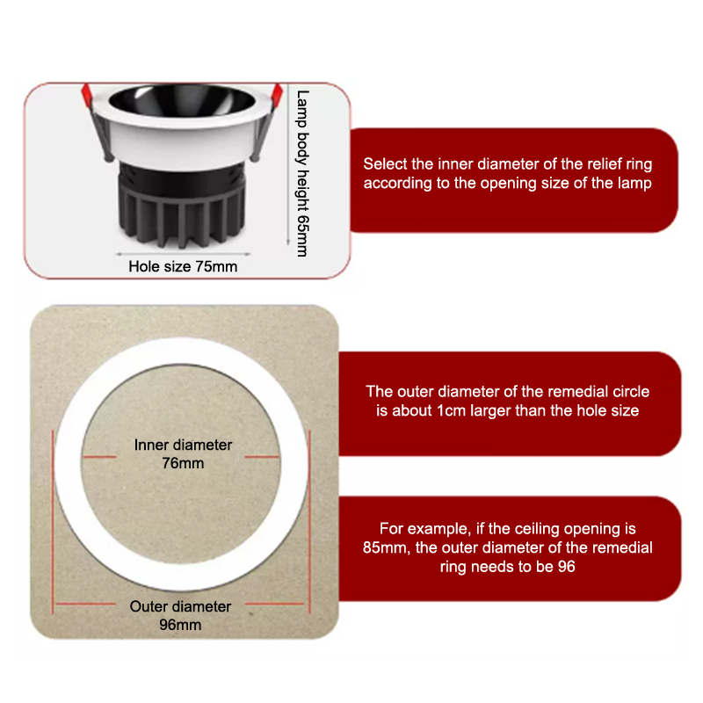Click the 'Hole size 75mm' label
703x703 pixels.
(x=183, y=266)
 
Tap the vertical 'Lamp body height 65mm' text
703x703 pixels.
(x=303, y=173)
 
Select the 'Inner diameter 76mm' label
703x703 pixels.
(x=183, y=453)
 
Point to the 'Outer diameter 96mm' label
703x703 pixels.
(x=180, y=615)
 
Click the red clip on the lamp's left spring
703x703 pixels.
(x=86, y=95)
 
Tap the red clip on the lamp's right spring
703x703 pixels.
(x=277, y=95)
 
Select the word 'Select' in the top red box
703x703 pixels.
(x=385, y=164)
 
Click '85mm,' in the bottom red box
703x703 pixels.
(x=387, y=547)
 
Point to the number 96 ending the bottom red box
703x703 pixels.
(x=566, y=567)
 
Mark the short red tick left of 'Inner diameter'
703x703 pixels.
(x=99, y=457)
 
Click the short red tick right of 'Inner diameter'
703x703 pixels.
(x=262, y=457)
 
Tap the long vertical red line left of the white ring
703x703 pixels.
(x=53, y=522)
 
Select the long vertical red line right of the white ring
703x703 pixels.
(x=309, y=522)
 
